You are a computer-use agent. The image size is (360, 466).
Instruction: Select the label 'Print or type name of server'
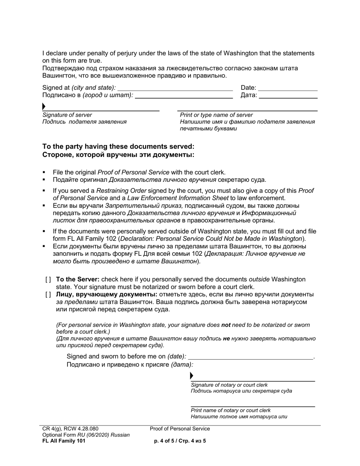pyautogui.click(x=216, y=115)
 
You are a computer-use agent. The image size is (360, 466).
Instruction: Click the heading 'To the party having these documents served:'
pyautogui.click(x=118, y=147)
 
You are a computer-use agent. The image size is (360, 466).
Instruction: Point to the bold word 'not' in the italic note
pyautogui.click(x=226, y=325)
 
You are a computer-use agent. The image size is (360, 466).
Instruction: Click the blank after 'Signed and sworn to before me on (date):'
pyautogui.click(x=250, y=357)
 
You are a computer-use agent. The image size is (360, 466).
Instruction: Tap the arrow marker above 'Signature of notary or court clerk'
pyautogui.click(x=191, y=376)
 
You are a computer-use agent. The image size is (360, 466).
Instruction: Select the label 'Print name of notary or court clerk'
pyautogui.click(x=230, y=410)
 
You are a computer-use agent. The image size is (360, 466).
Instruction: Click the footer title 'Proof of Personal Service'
pyautogui.click(x=180, y=429)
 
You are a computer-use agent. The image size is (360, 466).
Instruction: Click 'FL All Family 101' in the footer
pyautogui.click(x=64, y=441)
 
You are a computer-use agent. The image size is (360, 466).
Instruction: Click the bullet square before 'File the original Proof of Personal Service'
pyautogui.click(x=44, y=172)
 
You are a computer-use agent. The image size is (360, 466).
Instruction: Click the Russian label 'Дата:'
pyautogui.click(x=249, y=95)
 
